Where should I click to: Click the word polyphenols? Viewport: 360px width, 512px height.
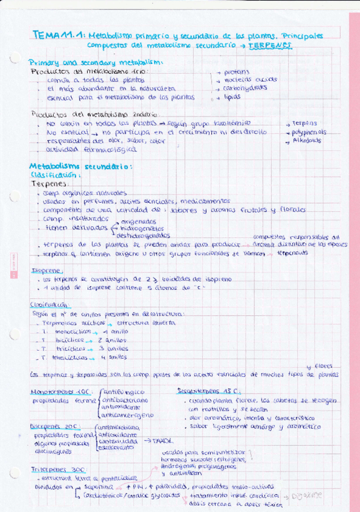click(x=309, y=131)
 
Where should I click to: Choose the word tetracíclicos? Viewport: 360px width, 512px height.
click(x=71, y=357)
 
